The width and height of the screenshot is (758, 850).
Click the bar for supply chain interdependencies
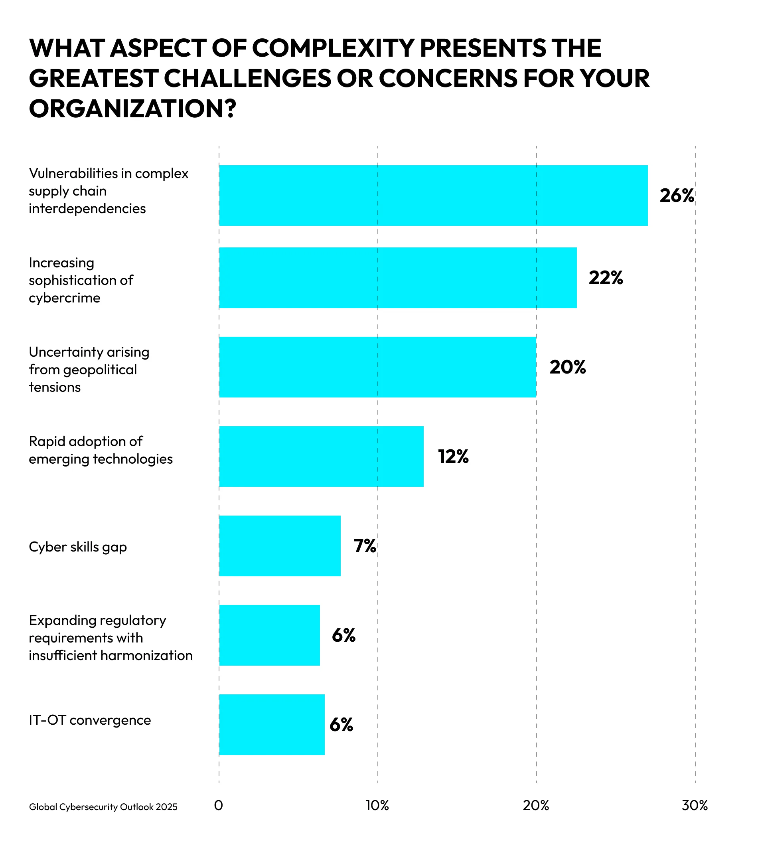[433, 196]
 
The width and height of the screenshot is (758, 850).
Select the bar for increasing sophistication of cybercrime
[398, 278]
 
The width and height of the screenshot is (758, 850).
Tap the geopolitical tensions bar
[377, 367]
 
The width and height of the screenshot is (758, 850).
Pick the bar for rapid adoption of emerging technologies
[321, 456]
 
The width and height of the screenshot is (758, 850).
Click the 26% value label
[677, 196]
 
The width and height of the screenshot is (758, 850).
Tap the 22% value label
[606, 278]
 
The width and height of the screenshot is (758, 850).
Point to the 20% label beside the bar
[567, 368]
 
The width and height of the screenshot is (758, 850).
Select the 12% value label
[453, 457]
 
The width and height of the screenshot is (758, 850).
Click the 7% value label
[365, 546]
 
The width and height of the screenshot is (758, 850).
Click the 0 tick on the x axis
[219, 806]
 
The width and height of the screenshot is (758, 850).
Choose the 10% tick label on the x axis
[377, 806]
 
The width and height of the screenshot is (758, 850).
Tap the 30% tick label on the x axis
[695, 806]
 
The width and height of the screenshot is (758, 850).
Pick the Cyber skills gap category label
[78, 547]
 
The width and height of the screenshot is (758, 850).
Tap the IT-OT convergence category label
[90, 720]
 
